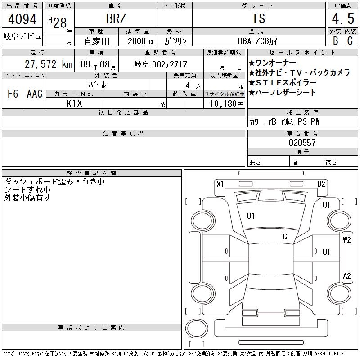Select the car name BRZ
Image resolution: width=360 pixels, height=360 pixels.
(116, 19)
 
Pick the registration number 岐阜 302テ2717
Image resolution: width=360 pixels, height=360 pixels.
(161, 64)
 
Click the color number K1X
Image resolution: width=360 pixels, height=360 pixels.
(74, 103)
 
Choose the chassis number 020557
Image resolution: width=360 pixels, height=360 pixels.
(302, 143)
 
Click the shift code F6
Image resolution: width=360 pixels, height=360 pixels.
(13, 94)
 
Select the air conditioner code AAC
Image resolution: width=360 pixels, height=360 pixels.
(35, 94)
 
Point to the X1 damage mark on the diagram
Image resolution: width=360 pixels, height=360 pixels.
(220, 184)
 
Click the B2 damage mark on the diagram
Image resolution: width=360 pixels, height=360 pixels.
(321, 184)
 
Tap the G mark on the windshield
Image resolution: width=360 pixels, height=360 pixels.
(285, 236)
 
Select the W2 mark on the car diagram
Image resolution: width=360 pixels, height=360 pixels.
(346, 239)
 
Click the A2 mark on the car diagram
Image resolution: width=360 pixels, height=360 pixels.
(346, 276)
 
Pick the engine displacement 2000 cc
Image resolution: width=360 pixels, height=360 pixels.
(140, 40)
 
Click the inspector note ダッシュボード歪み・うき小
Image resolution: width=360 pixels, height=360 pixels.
(54, 181)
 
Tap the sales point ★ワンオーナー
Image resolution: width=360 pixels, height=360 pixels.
(272, 63)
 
